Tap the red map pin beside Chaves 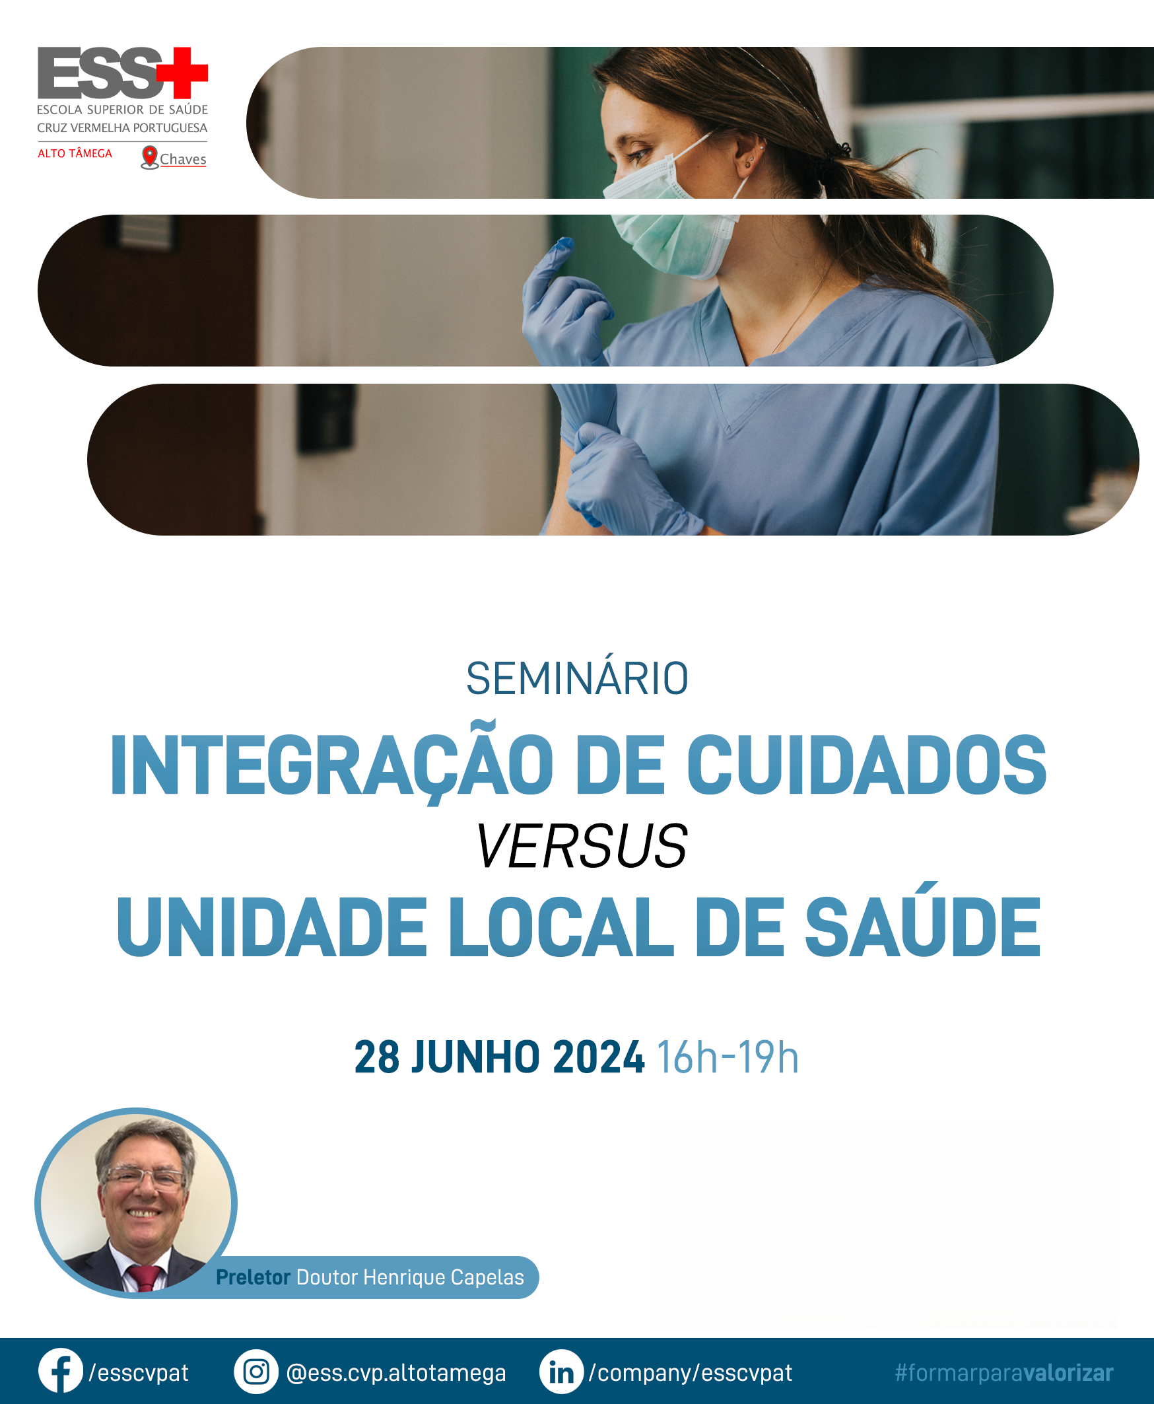coord(150,157)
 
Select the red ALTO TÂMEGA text coord(75,153)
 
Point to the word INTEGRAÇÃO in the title coord(331,765)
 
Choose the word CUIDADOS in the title coord(866,765)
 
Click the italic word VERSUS coord(581,845)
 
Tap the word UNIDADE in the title coord(271,927)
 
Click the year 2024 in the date coord(598,1057)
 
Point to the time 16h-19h coord(728,1057)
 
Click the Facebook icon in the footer coord(61,1370)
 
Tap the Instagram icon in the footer coord(256,1372)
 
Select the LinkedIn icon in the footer coord(562,1372)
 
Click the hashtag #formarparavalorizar coord(1003,1372)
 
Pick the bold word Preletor coord(254,1277)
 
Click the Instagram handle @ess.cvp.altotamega coord(396,1373)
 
